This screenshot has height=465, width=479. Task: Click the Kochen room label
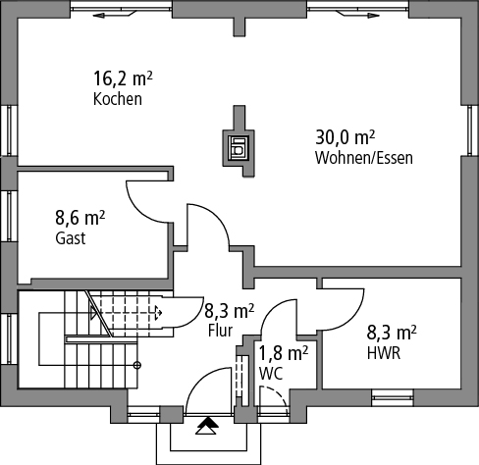click(118, 99)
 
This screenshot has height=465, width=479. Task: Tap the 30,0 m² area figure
click(345, 137)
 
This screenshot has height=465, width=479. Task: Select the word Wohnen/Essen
click(364, 158)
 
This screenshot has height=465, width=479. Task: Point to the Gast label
click(71, 238)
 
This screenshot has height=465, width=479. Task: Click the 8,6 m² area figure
click(80, 218)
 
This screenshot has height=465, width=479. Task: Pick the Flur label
click(220, 331)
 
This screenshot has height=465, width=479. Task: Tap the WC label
click(271, 374)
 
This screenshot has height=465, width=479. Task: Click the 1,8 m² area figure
click(284, 353)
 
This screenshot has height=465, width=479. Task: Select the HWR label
click(384, 353)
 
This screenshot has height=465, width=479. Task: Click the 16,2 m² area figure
click(123, 78)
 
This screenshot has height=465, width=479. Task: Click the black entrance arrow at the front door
click(207, 423)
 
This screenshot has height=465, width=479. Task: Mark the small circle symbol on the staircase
click(137, 365)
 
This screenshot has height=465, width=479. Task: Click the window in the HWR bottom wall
click(393, 397)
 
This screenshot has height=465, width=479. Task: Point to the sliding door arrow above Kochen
click(114, 15)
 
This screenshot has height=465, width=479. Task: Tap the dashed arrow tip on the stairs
click(159, 313)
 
